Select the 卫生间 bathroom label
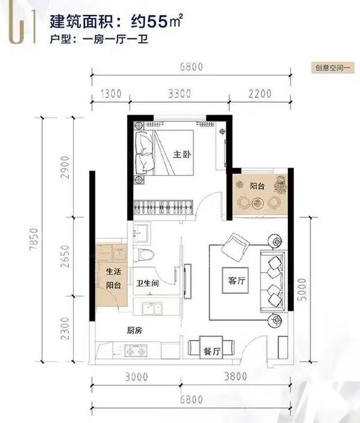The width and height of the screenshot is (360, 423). (x=148, y=284)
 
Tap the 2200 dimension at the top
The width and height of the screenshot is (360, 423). (x=259, y=94)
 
